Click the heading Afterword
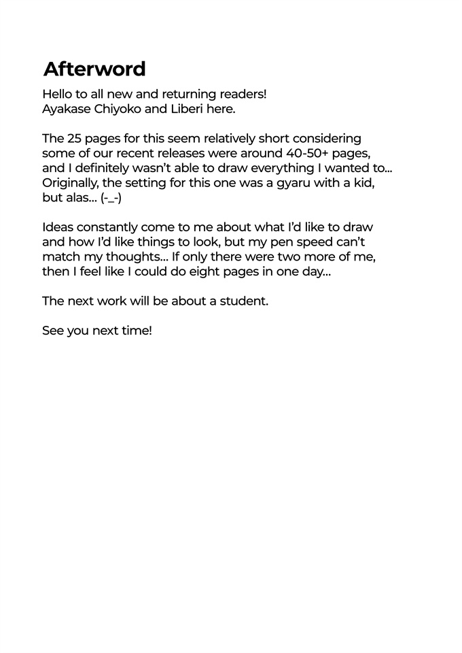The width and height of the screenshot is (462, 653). [x=94, y=69]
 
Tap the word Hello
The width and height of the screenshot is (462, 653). [x=58, y=94]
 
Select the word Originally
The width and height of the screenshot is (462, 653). [x=71, y=183]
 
